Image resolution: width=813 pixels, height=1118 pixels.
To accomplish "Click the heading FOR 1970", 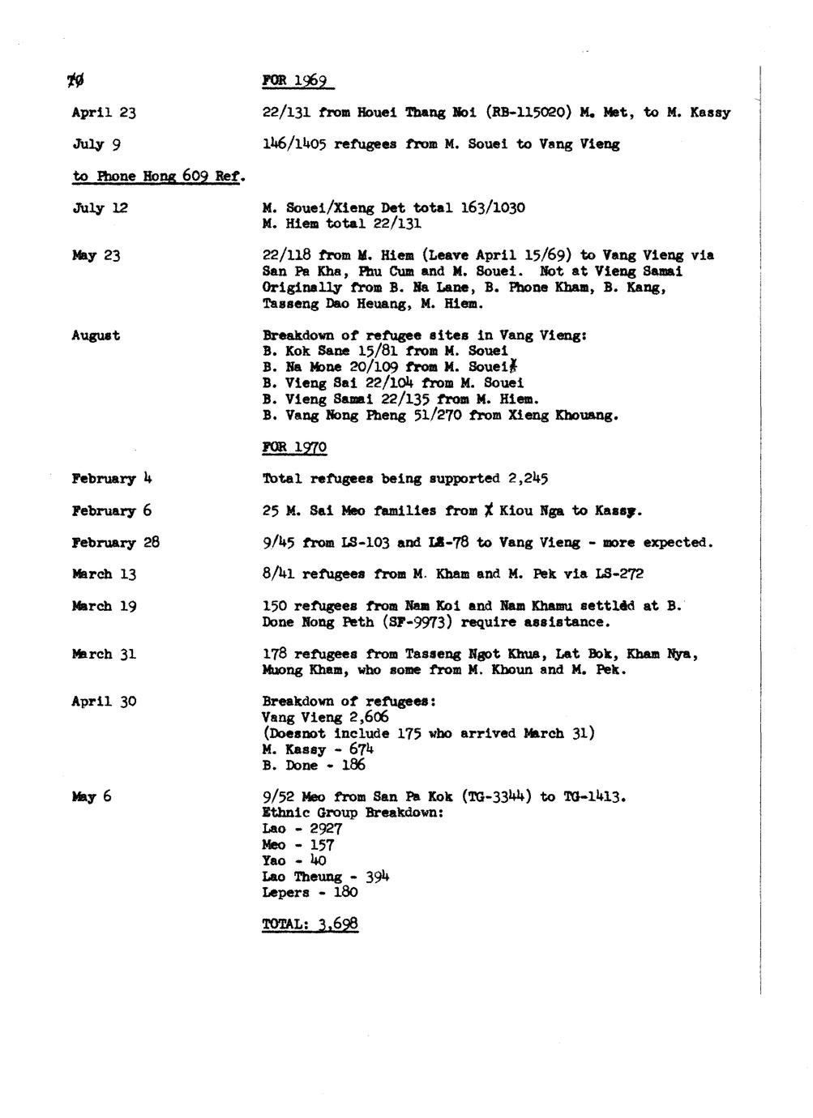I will (x=294, y=447).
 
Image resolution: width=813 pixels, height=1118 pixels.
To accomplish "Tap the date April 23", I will (x=104, y=113).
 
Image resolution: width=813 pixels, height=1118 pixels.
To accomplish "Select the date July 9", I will (x=96, y=145).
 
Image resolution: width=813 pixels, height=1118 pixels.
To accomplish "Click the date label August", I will (x=96, y=335).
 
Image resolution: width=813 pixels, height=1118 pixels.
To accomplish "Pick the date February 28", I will (x=115, y=543).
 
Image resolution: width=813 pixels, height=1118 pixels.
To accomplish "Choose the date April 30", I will (x=104, y=702).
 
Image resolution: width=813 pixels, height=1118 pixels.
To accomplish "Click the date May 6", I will (x=91, y=797).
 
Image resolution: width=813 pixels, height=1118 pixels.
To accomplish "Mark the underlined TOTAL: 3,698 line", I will (x=310, y=924).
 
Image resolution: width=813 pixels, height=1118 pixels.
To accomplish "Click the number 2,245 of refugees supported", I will (x=534, y=479).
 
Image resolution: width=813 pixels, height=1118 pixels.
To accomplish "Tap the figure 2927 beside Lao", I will (x=325, y=829).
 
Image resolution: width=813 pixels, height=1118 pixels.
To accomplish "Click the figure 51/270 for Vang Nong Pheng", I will (x=392, y=416).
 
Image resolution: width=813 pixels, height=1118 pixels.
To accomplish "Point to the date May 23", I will (x=96, y=256).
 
